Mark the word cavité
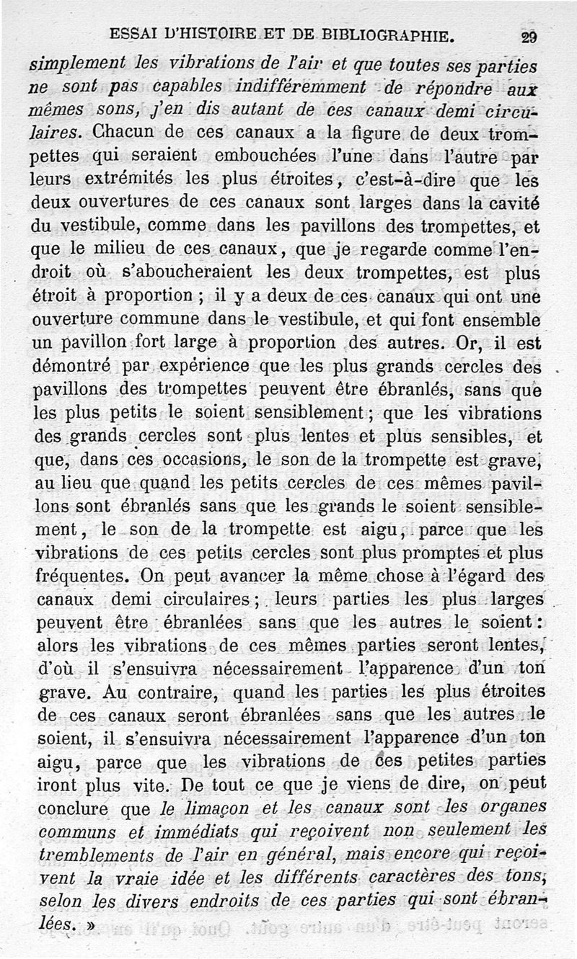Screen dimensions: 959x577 point(515,202)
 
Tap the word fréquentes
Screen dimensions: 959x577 point(79,576)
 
